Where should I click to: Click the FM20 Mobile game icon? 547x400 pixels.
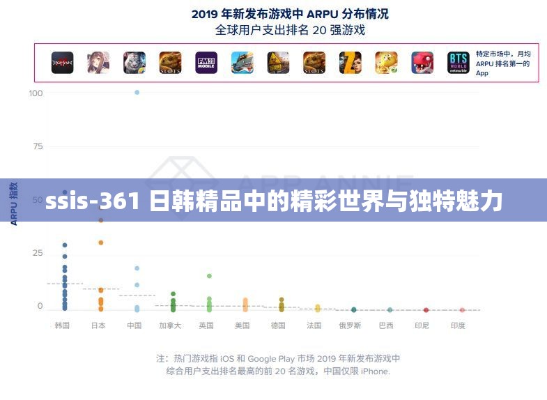[x=206, y=63]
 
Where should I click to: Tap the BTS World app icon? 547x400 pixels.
[x=459, y=63]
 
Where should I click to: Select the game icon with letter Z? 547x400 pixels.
[x=350, y=63]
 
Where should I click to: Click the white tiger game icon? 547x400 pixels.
[x=134, y=63]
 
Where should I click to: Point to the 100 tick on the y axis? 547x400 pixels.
[x=36, y=93]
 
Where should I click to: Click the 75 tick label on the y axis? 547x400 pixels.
[x=38, y=146]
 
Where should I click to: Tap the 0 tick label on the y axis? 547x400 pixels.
[x=40, y=306]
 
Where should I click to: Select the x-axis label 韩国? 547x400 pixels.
[x=62, y=325]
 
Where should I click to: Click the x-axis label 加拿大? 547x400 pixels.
[x=170, y=325]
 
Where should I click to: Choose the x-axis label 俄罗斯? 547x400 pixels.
[x=350, y=325]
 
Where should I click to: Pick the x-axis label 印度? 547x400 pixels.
[x=458, y=325]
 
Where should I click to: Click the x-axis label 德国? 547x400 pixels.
[x=278, y=325]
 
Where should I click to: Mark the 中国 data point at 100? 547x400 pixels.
[x=137, y=92]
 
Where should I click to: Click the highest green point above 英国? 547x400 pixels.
[x=209, y=276]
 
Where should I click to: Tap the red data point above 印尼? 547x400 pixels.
[x=426, y=309]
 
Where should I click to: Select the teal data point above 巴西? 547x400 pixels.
[x=390, y=309]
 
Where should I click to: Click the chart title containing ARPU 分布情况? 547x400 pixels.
[x=290, y=13]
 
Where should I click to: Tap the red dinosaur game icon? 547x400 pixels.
[x=422, y=63]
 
